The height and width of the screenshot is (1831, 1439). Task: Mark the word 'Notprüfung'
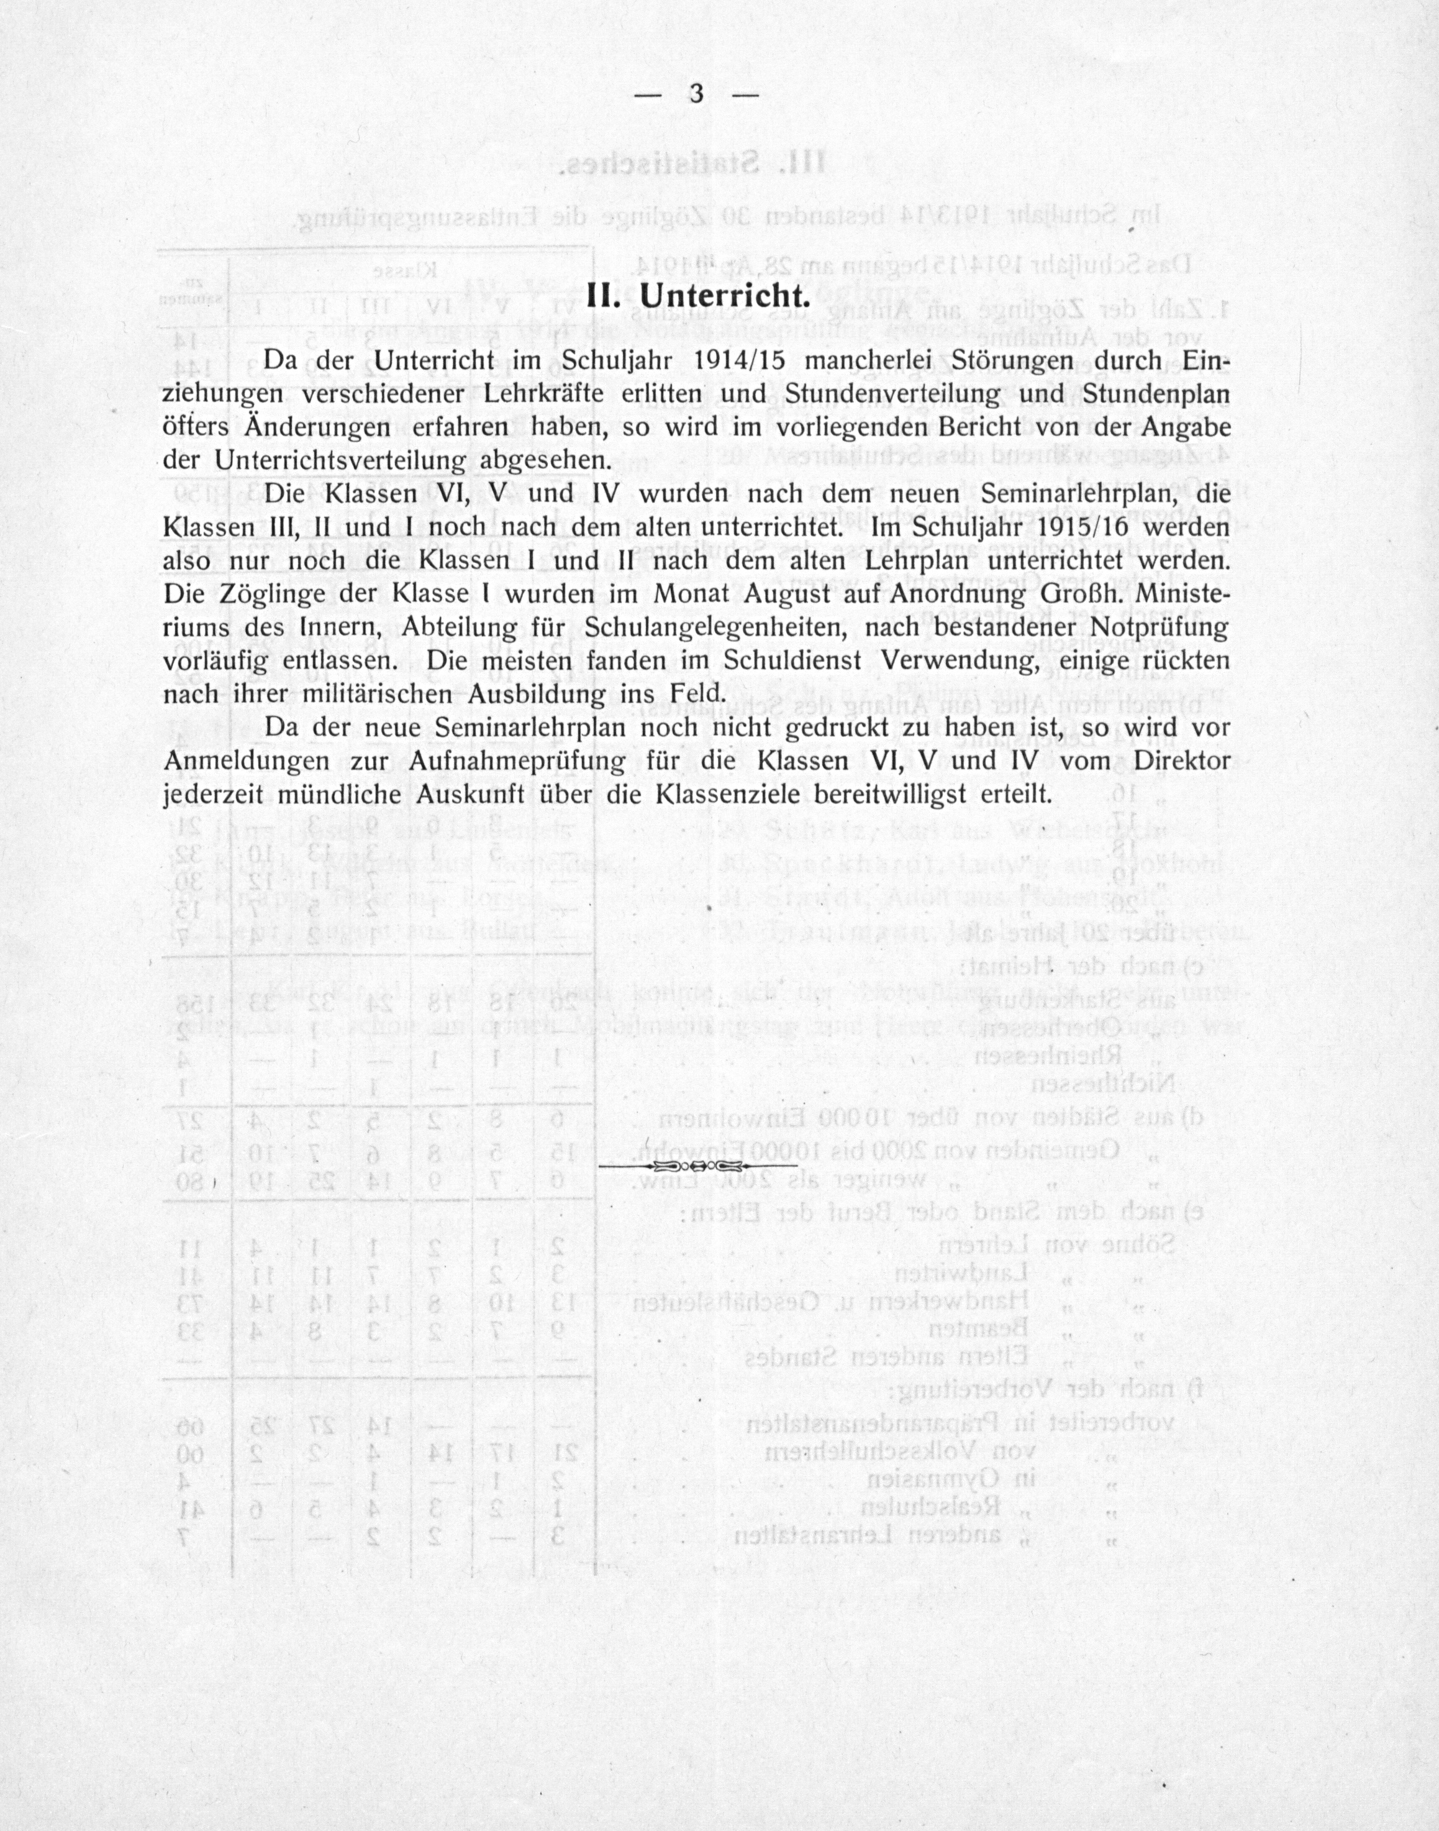[x=1158, y=628]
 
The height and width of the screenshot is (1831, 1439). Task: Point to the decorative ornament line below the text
[x=697, y=1167]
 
